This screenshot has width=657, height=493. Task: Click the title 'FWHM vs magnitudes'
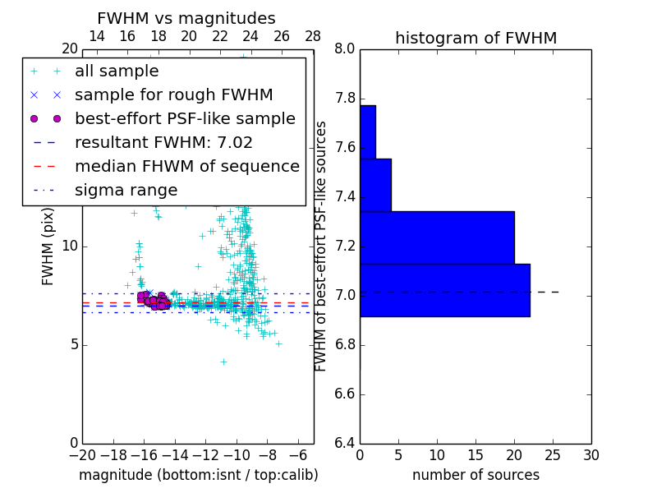tap(186, 18)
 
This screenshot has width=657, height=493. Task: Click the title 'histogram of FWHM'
tap(476, 38)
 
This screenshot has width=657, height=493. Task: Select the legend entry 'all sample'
tap(117, 71)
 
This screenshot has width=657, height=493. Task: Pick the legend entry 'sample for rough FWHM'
tap(173, 94)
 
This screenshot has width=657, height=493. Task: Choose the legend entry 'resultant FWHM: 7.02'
tap(163, 142)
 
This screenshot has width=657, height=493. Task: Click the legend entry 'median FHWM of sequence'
tap(186, 166)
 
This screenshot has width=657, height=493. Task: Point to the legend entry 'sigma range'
tap(126, 190)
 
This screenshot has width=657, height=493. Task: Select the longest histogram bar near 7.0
tap(444, 290)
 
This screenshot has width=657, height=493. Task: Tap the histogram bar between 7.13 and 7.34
tap(437, 237)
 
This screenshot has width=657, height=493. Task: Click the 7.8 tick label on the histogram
tap(344, 99)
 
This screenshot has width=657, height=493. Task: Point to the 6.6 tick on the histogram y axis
tap(344, 394)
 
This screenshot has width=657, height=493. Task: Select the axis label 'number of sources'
tap(476, 475)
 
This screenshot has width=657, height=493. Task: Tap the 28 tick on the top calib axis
tap(313, 36)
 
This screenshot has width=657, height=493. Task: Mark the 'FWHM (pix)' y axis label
tap(48, 244)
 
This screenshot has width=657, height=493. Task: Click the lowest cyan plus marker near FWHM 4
tap(223, 362)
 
